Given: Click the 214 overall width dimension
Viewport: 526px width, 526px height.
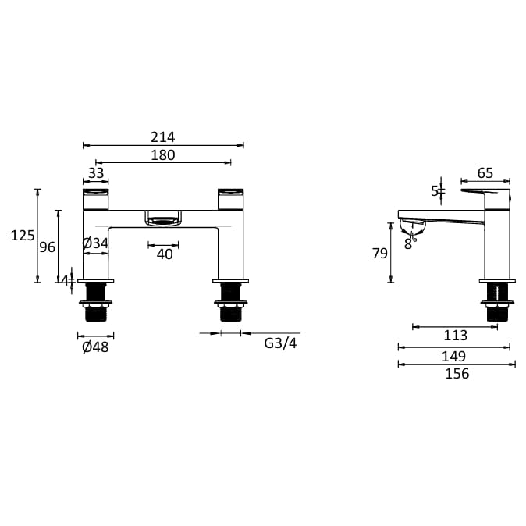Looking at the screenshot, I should tap(162, 137).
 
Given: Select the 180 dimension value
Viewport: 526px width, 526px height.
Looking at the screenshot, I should tap(162, 155).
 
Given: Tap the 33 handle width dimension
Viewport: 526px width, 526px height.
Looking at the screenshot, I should tap(95, 174).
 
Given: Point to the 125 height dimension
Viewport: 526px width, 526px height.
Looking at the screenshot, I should tap(23, 235).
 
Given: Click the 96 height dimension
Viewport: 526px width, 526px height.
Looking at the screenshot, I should tap(48, 247).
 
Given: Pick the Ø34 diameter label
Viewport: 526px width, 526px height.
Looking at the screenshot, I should tap(95, 243).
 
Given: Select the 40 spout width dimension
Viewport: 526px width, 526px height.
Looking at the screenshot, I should tap(164, 254).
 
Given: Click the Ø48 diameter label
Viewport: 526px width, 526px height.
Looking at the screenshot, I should tap(95, 347).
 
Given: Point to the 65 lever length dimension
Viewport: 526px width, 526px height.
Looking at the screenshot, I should tap(485, 172).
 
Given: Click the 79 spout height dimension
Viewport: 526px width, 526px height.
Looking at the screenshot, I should tap(379, 253).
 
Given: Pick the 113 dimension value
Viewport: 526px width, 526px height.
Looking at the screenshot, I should tap(455, 336).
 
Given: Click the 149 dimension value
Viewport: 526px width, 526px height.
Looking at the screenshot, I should tap(455, 356).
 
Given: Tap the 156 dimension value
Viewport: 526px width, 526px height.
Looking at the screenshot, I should tap(457, 374).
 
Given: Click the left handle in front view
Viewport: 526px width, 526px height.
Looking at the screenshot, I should tap(97, 198).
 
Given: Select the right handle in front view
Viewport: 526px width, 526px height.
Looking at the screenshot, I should tap(231, 198).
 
